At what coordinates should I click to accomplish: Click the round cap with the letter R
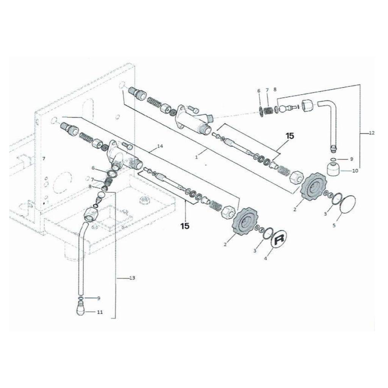[x=279, y=239]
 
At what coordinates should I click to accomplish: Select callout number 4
[x=266, y=258]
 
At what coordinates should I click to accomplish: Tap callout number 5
[x=334, y=225]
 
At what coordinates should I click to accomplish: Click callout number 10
[x=355, y=171]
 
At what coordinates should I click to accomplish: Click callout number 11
[x=100, y=312]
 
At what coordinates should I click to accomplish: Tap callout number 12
[x=372, y=133]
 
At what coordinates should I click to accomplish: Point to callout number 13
[x=132, y=278]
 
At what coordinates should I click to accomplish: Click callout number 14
[x=160, y=146]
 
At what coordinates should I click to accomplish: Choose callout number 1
[x=197, y=157]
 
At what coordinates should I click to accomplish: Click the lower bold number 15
[x=185, y=226]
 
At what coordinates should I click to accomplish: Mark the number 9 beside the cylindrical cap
[x=351, y=159]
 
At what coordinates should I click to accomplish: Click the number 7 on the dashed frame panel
[x=44, y=158]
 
